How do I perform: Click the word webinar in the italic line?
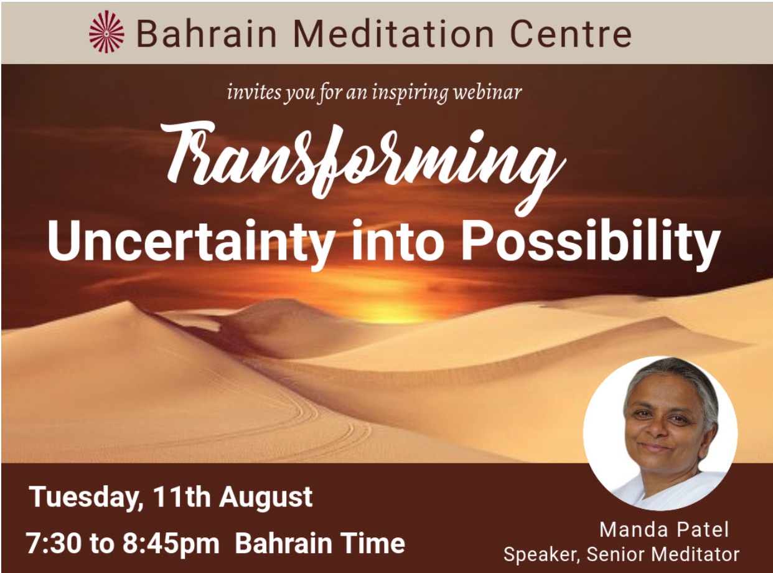pyautogui.click(x=489, y=93)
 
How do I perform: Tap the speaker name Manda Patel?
pyautogui.click(x=664, y=530)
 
